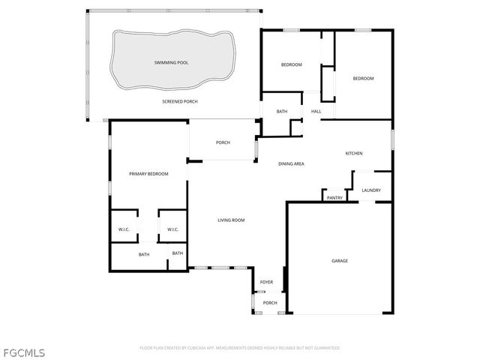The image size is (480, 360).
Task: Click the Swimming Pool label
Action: (171, 63)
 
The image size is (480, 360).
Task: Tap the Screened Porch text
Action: (180, 101)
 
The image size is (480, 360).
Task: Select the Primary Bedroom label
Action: (148, 174)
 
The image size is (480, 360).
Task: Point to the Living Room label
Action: (231, 220)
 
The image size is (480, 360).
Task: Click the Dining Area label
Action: (291, 163)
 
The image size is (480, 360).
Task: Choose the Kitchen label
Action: (354, 154)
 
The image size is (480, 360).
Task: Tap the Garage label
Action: (340, 261)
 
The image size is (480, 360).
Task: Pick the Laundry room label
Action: (371, 190)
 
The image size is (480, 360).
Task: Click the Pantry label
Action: (334, 198)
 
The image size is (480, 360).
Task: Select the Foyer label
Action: (266, 283)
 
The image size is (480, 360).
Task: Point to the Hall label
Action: (316, 112)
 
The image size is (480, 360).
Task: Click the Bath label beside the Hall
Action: (282, 112)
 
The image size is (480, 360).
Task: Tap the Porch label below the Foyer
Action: (270, 303)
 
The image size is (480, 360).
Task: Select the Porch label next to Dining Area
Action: (223, 142)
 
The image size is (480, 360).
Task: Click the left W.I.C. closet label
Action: (124, 229)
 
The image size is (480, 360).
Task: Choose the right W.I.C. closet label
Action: (172, 229)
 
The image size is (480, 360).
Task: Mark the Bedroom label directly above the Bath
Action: (291, 65)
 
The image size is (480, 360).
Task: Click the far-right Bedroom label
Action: (363, 79)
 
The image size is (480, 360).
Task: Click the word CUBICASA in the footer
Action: (192, 348)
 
